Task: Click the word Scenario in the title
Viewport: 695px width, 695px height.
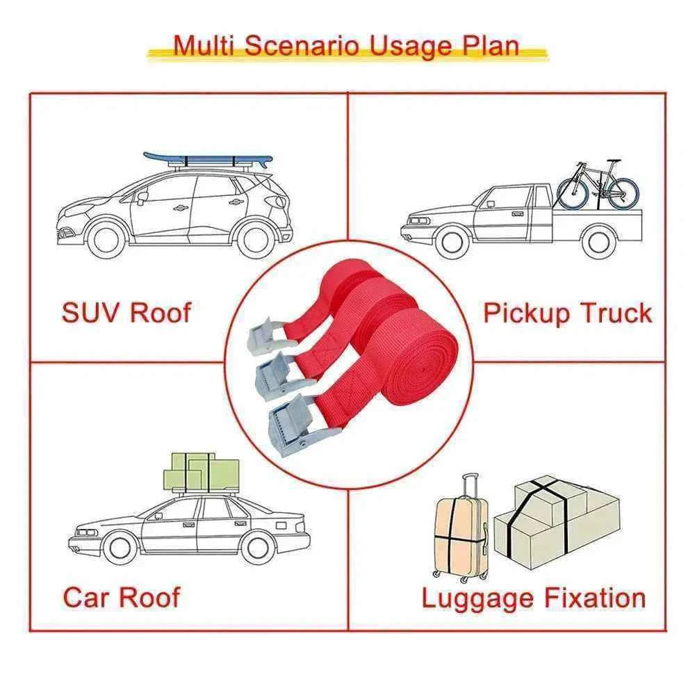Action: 302,45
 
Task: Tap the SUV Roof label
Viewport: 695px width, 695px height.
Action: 126,313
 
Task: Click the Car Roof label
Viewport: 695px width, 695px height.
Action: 122,597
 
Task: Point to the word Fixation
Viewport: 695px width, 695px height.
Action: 595,598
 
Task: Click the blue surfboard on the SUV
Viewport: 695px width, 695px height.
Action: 208,160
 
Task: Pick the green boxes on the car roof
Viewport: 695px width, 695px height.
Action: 202,473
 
